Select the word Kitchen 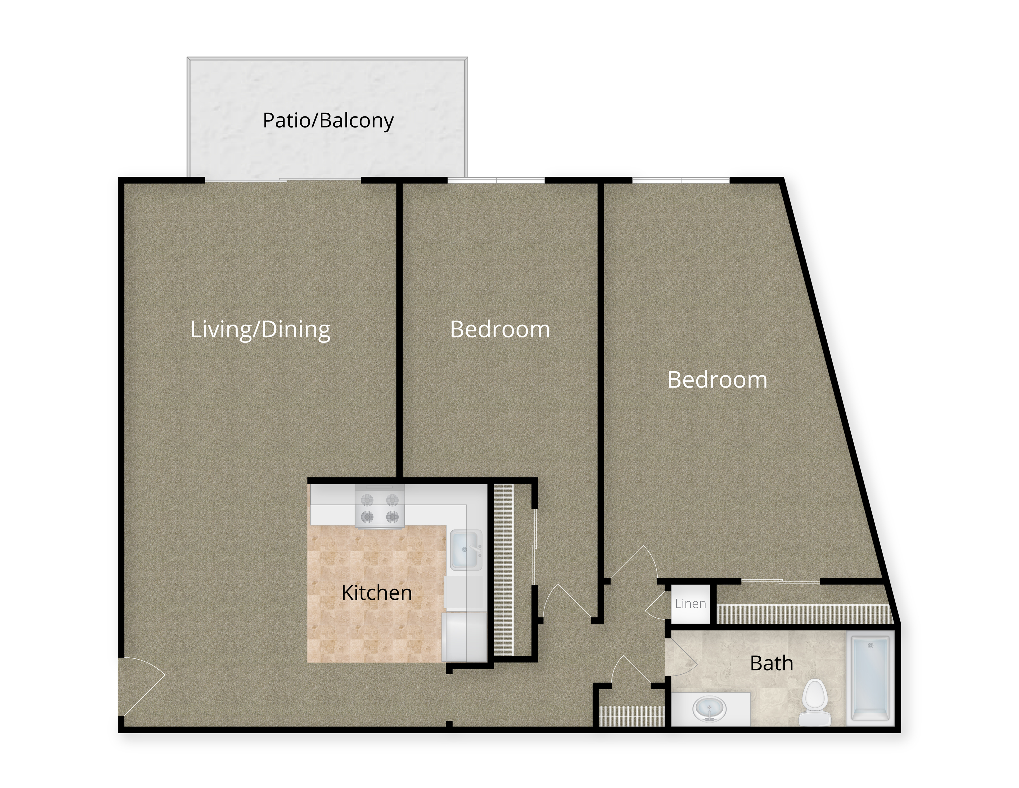[x=377, y=593]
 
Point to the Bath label [x=771, y=663]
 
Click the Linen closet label [x=690, y=604]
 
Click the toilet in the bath [x=813, y=702]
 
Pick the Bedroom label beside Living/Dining [x=500, y=330]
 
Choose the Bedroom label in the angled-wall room [x=717, y=380]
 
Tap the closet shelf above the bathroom [x=804, y=613]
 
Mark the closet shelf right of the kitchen [x=504, y=569]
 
